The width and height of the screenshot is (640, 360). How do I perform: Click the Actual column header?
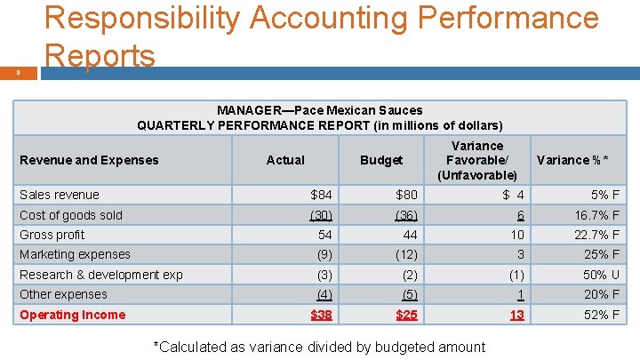(x=285, y=160)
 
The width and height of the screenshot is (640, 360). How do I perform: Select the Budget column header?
(x=381, y=160)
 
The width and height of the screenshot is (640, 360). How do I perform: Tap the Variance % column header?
(x=572, y=160)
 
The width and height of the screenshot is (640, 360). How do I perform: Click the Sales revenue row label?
(x=60, y=195)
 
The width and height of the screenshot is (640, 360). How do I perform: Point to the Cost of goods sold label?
(x=71, y=215)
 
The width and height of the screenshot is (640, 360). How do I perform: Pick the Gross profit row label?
(x=52, y=235)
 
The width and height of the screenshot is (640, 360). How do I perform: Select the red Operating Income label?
(x=73, y=315)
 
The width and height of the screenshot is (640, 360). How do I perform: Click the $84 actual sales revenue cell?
(x=321, y=195)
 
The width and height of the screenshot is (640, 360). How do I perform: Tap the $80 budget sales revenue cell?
(x=406, y=195)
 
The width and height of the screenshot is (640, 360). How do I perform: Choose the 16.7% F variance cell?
(x=597, y=215)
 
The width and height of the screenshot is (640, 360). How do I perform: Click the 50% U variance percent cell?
(x=601, y=275)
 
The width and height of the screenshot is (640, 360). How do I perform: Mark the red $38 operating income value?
(x=321, y=315)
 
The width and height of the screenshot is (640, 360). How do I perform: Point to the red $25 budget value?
(x=406, y=315)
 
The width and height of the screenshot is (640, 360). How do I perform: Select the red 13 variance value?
(x=516, y=315)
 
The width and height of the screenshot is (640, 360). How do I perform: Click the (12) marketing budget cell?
(x=406, y=255)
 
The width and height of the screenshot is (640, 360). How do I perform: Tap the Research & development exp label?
(x=101, y=275)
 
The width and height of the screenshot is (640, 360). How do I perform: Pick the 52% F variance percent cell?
(x=602, y=315)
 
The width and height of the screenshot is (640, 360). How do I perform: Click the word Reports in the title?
(x=100, y=55)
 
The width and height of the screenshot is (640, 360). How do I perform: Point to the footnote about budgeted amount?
(x=320, y=347)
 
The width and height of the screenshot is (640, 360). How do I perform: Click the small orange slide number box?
(x=19, y=73)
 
